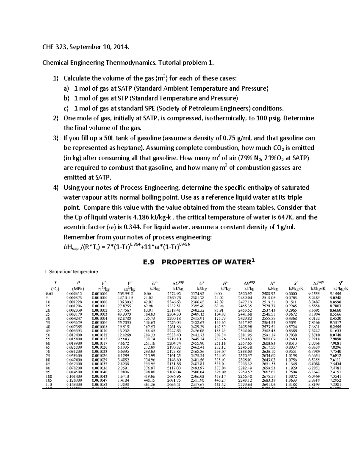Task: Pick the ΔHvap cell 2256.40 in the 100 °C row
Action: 245,376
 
